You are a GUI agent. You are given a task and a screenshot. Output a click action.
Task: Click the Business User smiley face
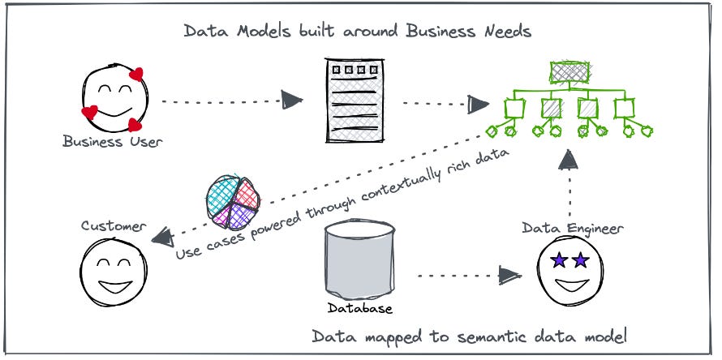113,100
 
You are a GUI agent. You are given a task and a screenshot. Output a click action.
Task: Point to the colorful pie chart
233,199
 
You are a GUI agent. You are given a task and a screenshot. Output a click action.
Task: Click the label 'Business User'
113,142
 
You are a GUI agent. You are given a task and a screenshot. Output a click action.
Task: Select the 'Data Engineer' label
573,229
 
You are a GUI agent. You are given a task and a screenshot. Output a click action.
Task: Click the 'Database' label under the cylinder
360,308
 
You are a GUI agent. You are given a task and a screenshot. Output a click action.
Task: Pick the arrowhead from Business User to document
292,101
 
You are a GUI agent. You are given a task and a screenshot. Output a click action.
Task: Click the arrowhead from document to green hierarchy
479,104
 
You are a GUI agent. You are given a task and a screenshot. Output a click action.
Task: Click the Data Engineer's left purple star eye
558,260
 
